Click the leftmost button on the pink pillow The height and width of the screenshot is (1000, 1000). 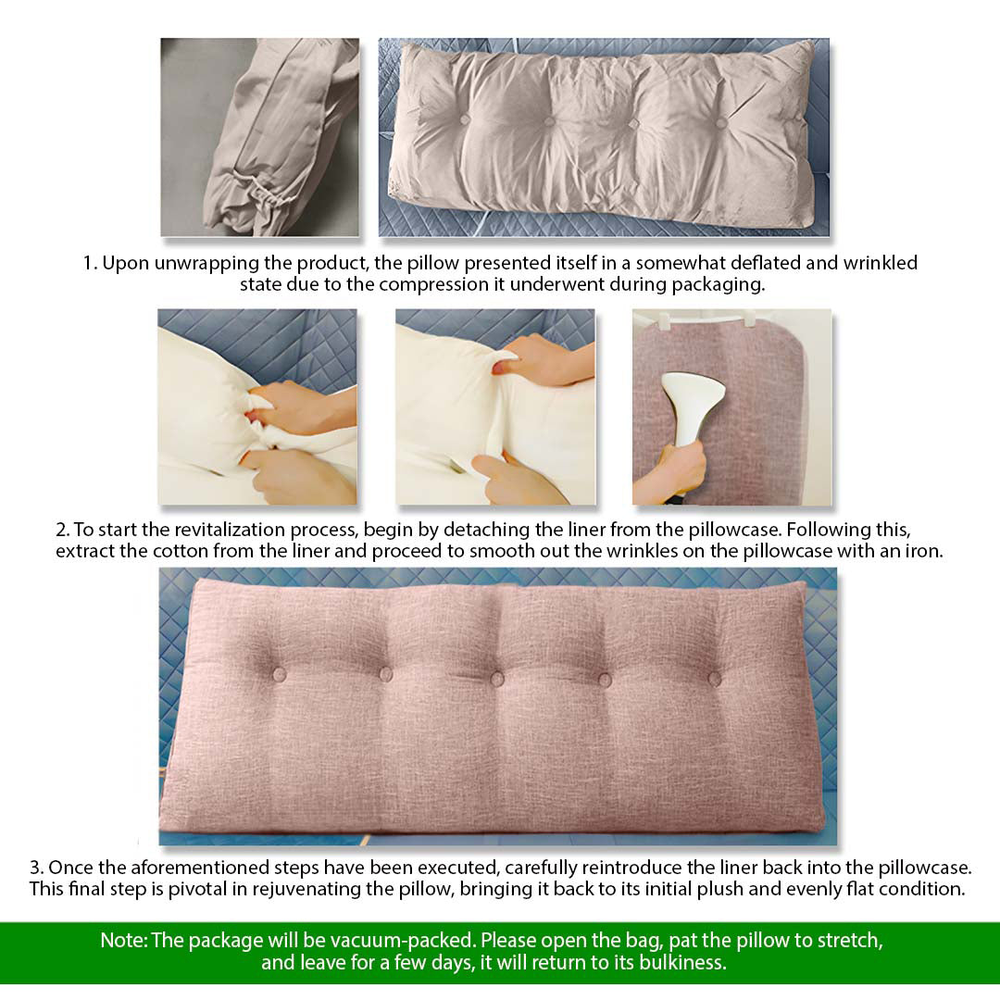[x=279, y=673]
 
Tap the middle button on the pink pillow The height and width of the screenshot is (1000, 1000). [x=497, y=679]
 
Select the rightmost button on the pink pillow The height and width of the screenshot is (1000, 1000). [x=714, y=679]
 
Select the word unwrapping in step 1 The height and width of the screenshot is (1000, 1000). [x=188, y=263]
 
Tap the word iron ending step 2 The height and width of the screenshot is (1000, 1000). [x=924, y=551]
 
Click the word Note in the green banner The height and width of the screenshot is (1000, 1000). [x=122, y=941]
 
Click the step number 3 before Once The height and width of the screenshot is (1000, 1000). [x=34, y=868]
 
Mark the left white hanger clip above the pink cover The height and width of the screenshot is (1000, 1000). [x=665, y=319]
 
